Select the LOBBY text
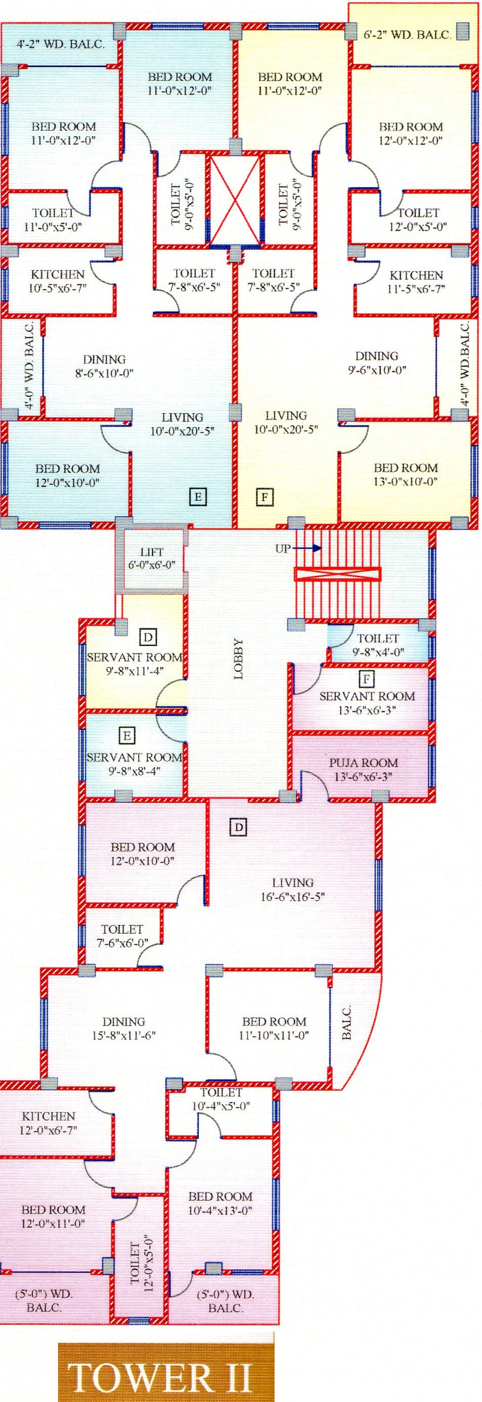click(x=238, y=659)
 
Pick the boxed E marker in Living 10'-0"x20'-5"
click(x=198, y=496)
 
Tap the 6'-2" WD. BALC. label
click(x=407, y=35)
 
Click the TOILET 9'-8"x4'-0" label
click(x=378, y=645)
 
